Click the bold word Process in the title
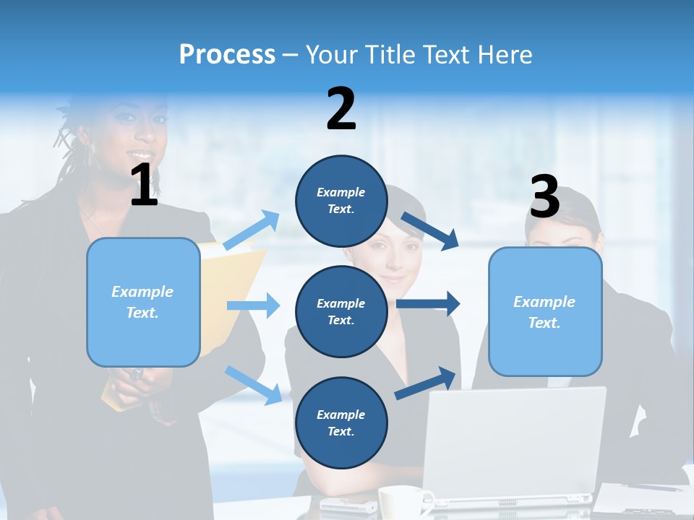227,54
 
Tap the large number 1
144,185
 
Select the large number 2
341,108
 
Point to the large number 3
544,196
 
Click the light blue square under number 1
143,302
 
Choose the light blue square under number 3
545,311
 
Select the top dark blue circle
341,201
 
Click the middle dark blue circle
341,311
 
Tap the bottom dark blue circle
341,422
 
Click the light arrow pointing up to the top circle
252,230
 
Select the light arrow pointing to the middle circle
253,305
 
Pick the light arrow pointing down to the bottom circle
253,384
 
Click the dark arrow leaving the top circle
429,230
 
